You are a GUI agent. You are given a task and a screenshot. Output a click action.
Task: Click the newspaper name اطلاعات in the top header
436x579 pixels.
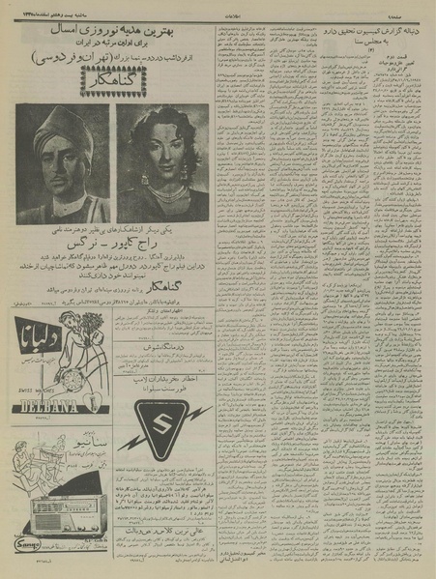pyautogui.click(x=218, y=9)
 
